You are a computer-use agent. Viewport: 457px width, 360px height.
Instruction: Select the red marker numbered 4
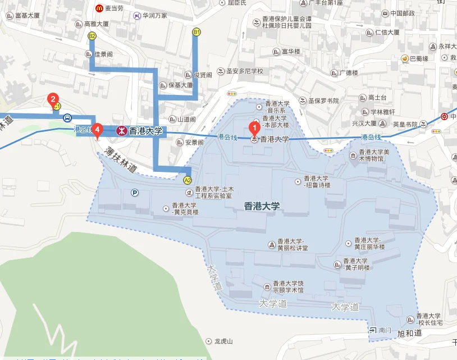click(97, 130)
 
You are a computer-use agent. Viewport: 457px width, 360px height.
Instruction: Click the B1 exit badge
click(196, 33)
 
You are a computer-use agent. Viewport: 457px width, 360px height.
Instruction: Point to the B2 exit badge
click(92, 36)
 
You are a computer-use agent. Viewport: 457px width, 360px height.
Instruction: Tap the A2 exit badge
click(188, 180)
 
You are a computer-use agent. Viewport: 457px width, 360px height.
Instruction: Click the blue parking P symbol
click(135, 193)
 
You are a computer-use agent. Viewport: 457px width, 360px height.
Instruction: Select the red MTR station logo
click(121, 131)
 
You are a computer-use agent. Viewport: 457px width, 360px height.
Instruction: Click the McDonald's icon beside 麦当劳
click(99, 8)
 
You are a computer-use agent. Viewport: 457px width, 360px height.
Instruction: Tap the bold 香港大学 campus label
click(262, 206)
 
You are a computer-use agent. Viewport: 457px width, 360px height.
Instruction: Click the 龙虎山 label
click(223, 341)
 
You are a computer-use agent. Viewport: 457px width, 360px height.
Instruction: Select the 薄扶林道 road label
click(121, 158)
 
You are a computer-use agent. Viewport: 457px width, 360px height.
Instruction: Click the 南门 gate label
click(385, 330)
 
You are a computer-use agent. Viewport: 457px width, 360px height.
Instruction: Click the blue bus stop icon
click(67, 118)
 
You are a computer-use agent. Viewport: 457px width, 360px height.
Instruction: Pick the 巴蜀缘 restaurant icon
click(404, 58)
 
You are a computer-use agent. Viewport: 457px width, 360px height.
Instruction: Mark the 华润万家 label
click(154, 15)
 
